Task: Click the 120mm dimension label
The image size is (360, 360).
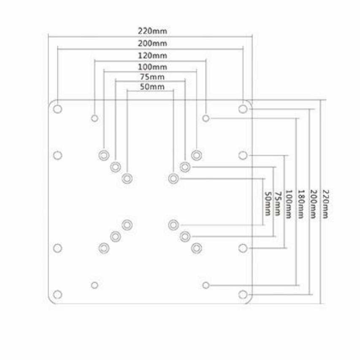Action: (152, 55)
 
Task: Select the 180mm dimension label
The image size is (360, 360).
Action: (300, 204)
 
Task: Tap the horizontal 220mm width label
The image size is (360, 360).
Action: (152, 31)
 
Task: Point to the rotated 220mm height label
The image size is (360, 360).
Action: (325, 204)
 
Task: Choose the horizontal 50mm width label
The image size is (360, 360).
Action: (152, 87)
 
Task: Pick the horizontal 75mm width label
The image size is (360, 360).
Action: (152, 77)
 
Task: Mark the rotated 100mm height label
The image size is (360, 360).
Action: (289, 204)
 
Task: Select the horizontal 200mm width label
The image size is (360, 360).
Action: (152, 43)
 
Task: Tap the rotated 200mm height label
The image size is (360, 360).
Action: (313, 204)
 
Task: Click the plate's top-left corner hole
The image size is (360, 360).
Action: (58, 109)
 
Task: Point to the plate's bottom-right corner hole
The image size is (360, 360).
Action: (243, 294)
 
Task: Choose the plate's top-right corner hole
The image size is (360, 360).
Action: (243, 109)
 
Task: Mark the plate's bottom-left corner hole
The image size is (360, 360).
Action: (58, 294)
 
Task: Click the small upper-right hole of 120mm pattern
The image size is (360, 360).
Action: (206, 118)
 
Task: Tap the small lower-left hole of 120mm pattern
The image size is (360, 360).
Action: (95, 285)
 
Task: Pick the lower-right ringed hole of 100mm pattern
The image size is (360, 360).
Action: (196, 248)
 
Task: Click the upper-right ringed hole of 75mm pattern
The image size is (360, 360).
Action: (185, 167)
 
